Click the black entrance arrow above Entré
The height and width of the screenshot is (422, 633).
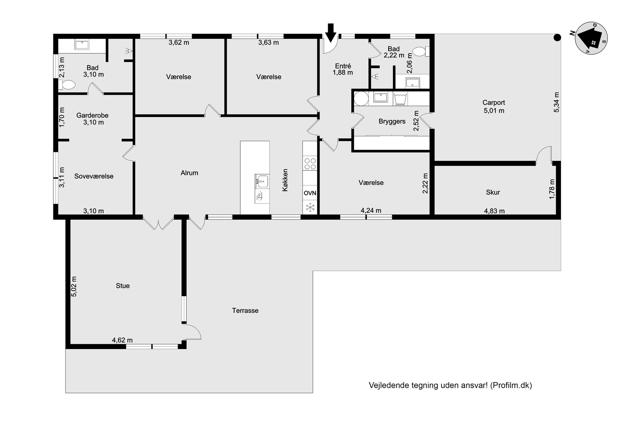331,33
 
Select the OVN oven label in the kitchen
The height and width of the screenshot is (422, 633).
310,193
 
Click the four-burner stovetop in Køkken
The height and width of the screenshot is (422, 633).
309,164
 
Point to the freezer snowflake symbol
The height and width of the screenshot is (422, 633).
310,207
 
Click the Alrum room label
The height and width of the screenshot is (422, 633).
190,173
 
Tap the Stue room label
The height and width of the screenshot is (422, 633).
123,286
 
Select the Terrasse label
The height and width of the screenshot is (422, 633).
245,311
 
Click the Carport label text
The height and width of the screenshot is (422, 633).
494,103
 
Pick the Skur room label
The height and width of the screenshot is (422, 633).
493,192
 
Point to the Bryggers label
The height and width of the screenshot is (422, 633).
392,122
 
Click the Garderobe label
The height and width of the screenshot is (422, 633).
93,115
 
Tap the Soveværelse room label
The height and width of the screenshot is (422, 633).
94,176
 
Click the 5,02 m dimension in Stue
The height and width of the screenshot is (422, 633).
74,286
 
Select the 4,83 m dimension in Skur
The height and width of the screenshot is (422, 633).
494,211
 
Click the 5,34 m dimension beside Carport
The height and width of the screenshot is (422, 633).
556,102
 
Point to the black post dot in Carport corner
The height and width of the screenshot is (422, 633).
557,38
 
